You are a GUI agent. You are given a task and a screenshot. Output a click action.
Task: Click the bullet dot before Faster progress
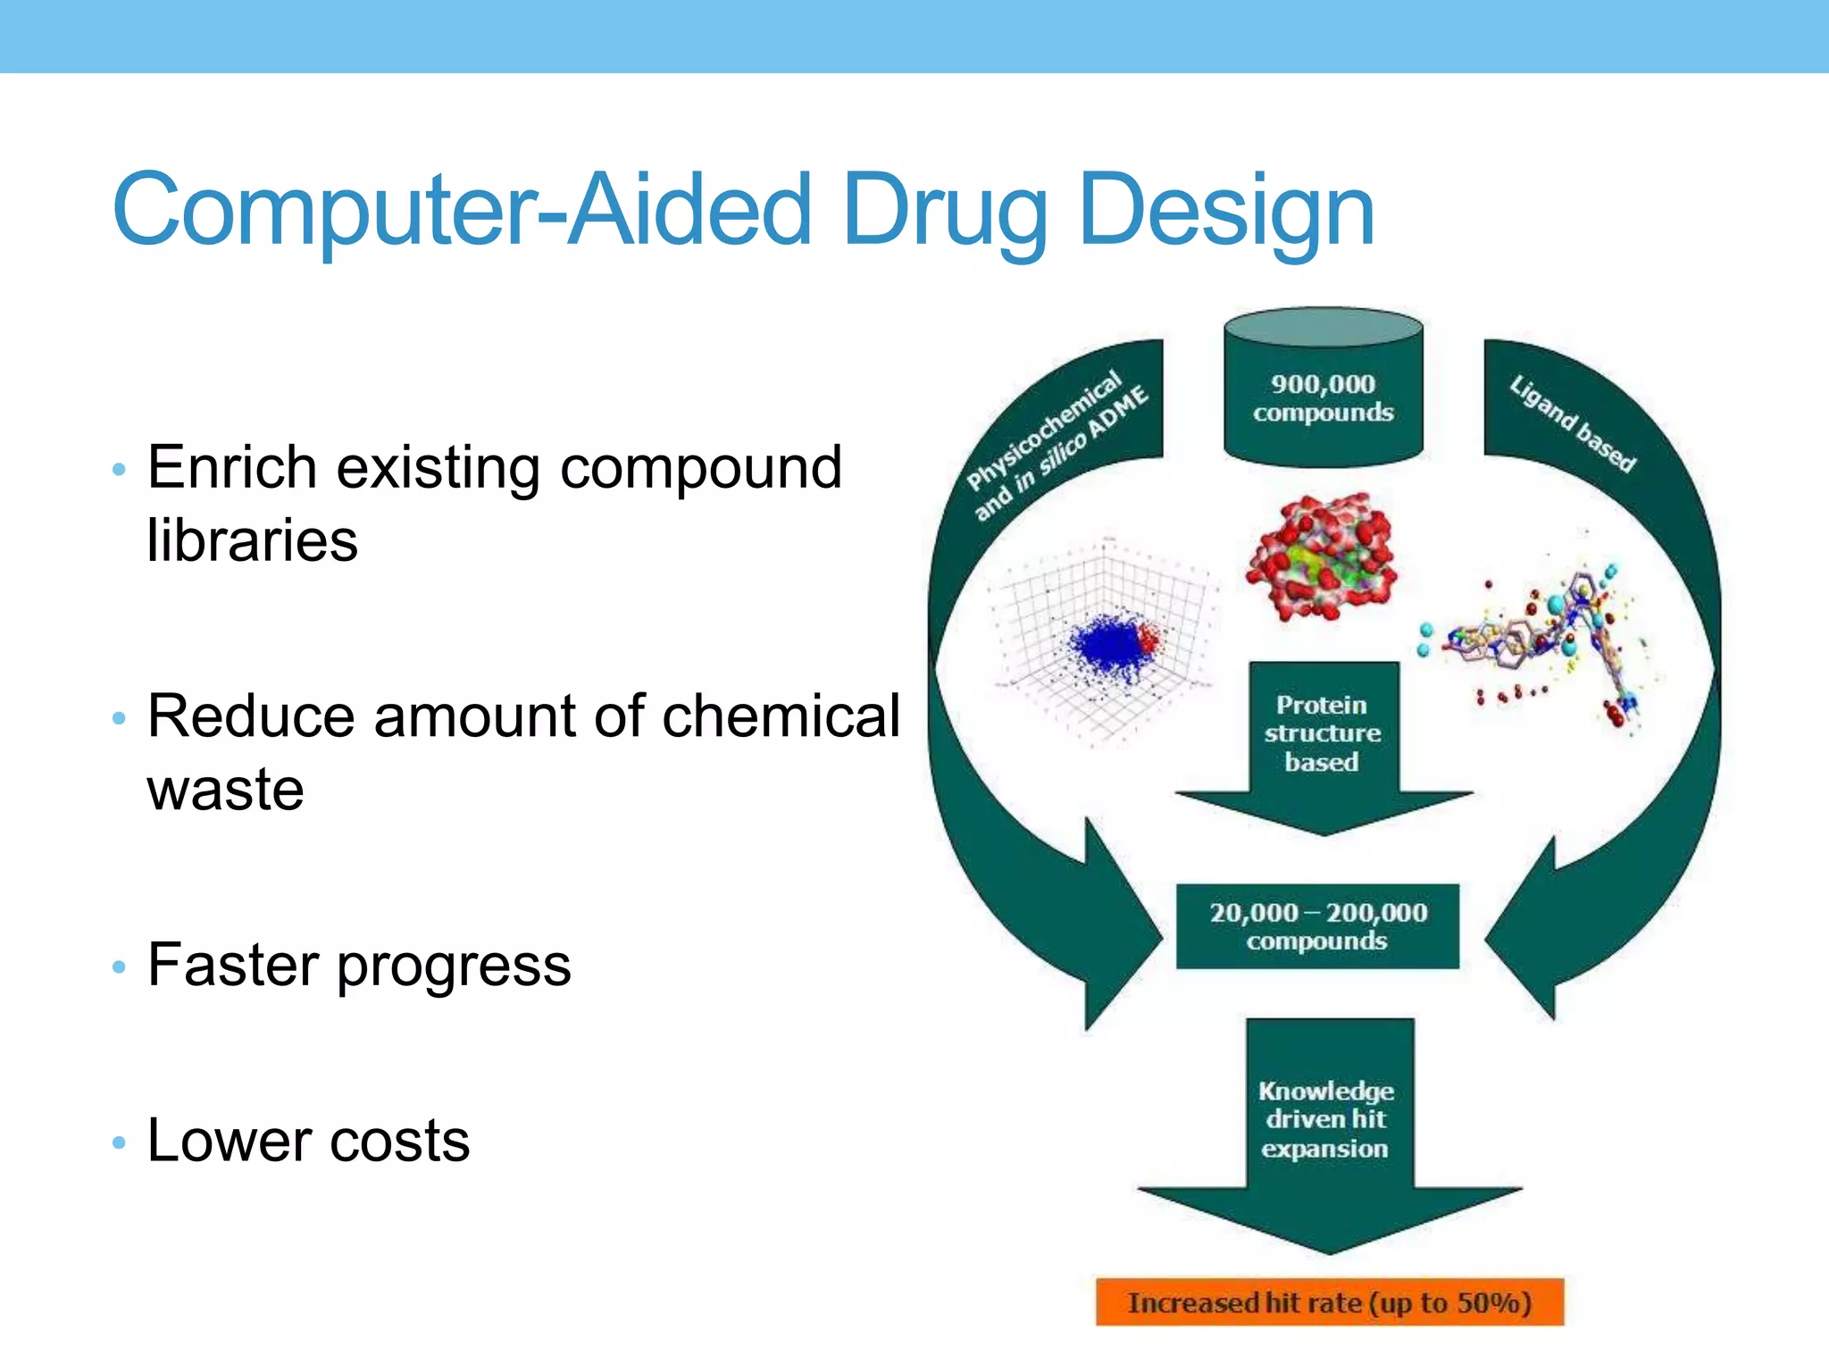(119, 967)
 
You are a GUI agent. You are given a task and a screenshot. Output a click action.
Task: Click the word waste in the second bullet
(225, 791)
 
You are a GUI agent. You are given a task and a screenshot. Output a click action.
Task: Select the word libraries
(252, 540)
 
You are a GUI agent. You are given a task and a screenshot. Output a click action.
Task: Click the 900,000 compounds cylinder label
(1323, 398)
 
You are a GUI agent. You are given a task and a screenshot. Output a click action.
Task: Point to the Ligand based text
(1572, 423)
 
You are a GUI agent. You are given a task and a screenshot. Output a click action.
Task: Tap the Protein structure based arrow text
(1322, 733)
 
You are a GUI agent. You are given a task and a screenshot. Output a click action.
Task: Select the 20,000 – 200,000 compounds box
(1317, 926)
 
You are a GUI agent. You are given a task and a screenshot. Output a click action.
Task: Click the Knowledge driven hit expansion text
(1325, 1119)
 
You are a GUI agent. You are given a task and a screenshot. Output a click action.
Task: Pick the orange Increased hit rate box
(1329, 1303)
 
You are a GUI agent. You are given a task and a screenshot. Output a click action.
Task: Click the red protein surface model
(1322, 556)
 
